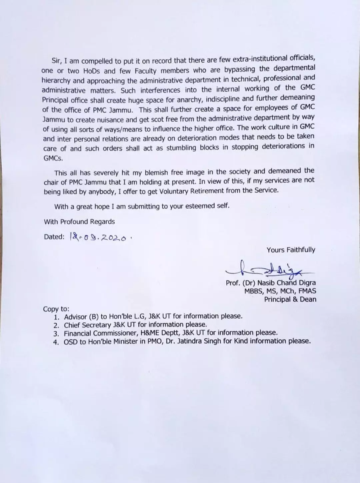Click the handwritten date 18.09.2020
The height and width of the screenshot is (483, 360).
coord(99,237)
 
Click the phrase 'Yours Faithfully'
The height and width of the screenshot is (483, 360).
coord(291,250)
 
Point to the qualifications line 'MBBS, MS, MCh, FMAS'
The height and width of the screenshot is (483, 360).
coord(280,291)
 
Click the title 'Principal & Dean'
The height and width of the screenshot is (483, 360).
coord(290,299)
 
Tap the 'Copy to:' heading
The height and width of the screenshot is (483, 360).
coord(56,309)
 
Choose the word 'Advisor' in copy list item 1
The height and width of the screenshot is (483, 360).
coord(75,317)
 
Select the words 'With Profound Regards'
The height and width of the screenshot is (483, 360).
coord(79,222)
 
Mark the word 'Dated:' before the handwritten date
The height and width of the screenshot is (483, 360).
coord(54,237)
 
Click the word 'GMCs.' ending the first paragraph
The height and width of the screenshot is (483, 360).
coord(53,158)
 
